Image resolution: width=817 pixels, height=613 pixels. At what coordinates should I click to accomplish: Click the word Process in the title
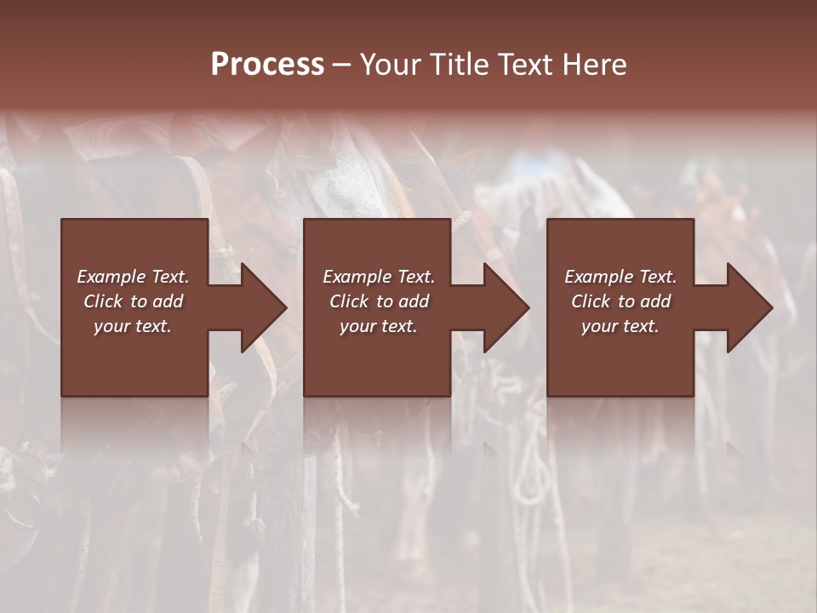click(267, 65)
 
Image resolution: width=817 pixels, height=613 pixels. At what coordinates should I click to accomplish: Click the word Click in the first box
click(103, 301)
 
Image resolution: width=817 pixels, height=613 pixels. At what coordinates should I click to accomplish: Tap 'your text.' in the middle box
click(378, 326)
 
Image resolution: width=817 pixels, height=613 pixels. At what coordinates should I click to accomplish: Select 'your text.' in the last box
click(620, 326)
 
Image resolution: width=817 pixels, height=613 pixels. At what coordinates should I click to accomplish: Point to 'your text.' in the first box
click(133, 326)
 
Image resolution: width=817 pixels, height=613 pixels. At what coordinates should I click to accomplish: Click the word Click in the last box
click(591, 301)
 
